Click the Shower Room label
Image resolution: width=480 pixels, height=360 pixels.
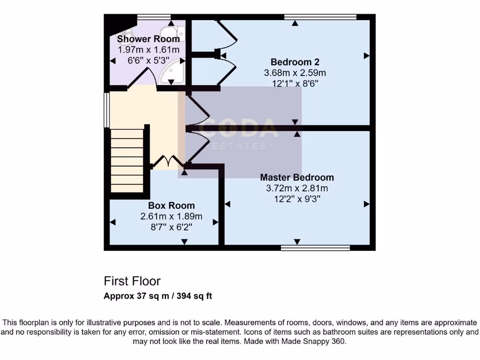coord(148,39)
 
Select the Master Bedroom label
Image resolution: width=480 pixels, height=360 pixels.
coord(297,177)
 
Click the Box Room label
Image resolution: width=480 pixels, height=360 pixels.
coord(171,205)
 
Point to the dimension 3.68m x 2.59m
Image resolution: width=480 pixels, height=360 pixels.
coord(295,73)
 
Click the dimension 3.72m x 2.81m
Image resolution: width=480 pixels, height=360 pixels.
coord(297,188)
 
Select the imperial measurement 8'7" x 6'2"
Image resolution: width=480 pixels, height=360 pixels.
coord(171,227)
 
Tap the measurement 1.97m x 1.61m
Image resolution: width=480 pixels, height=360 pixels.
coord(148,50)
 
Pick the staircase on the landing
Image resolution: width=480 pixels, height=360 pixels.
coord(127,161)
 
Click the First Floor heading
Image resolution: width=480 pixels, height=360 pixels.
coord(132,281)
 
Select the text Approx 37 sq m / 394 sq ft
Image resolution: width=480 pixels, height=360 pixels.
coord(158,296)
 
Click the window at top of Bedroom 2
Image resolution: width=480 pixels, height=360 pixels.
coord(320,17)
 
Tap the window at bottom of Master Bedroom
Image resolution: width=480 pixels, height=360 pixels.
coord(315,247)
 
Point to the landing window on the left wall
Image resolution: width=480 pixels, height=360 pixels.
coord(107,110)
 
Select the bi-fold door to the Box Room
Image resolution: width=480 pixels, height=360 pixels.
coord(169,162)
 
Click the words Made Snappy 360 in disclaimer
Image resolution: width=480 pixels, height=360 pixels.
coord(317,342)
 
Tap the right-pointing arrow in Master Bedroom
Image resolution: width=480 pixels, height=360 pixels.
coord(367,204)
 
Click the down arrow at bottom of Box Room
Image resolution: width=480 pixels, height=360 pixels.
coord(184,241)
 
